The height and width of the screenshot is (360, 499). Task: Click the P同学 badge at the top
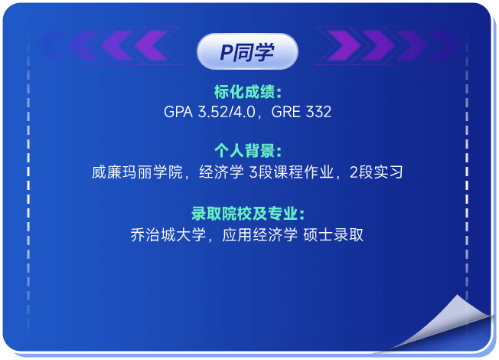point(247,51)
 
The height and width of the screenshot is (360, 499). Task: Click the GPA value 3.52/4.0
point(227,112)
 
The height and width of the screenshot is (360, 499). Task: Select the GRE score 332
point(318,112)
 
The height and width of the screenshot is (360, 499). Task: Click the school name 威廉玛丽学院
point(137,172)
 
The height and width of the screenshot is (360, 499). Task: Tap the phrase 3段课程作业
point(291,172)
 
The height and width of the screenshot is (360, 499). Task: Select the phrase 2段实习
point(376,172)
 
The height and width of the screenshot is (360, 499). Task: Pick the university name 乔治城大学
point(168,235)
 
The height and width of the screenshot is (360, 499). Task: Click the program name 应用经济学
point(259,235)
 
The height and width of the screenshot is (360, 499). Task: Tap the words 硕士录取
point(333,235)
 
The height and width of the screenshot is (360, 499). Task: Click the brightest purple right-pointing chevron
point(344,45)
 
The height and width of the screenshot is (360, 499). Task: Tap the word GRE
point(285,112)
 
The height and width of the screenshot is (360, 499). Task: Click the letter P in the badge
point(227,52)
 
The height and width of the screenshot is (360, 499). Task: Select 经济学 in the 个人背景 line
point(221,172)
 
